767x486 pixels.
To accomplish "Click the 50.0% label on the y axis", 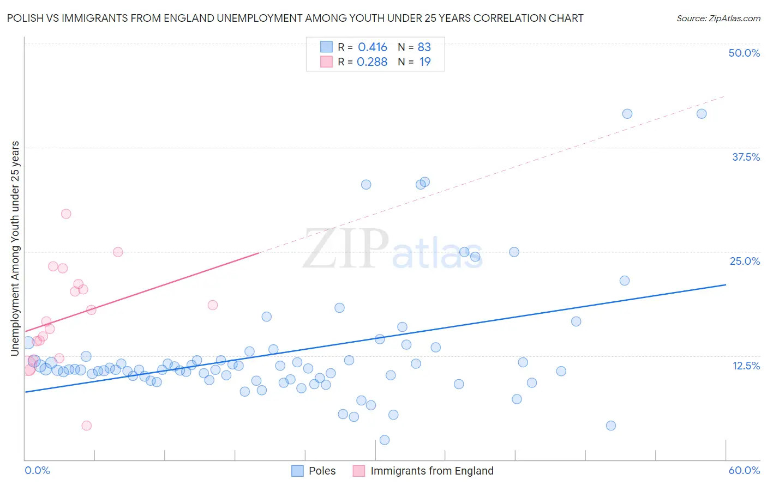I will pos(744,53).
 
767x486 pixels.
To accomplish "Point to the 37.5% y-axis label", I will pos(746,157).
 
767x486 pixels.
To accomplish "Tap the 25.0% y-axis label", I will pos(745,261).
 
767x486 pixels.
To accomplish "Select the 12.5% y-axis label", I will pos(746,366).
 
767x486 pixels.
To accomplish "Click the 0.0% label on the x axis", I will pos(37,470).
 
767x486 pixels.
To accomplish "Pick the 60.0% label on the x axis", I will pos(744,470).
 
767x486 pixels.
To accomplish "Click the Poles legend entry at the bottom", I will pos(322,471).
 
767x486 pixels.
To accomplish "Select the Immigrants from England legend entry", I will pos(432,471).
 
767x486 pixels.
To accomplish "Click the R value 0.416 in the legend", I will pos(373,47).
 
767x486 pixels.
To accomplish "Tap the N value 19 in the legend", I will pos(425,62).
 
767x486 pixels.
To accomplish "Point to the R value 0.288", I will pos(372,62).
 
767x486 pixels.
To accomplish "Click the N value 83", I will pos(424,47).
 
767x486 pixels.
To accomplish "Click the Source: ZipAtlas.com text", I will pos(718,18).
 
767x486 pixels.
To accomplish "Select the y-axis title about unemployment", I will pos(15,248).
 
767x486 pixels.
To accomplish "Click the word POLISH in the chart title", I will pos(26,18).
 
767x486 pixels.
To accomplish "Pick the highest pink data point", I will pos(66,214).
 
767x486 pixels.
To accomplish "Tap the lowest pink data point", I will pos(86,426).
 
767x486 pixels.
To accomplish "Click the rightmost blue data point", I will pos(702,114).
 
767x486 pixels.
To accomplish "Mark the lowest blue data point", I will pos(384,440).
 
